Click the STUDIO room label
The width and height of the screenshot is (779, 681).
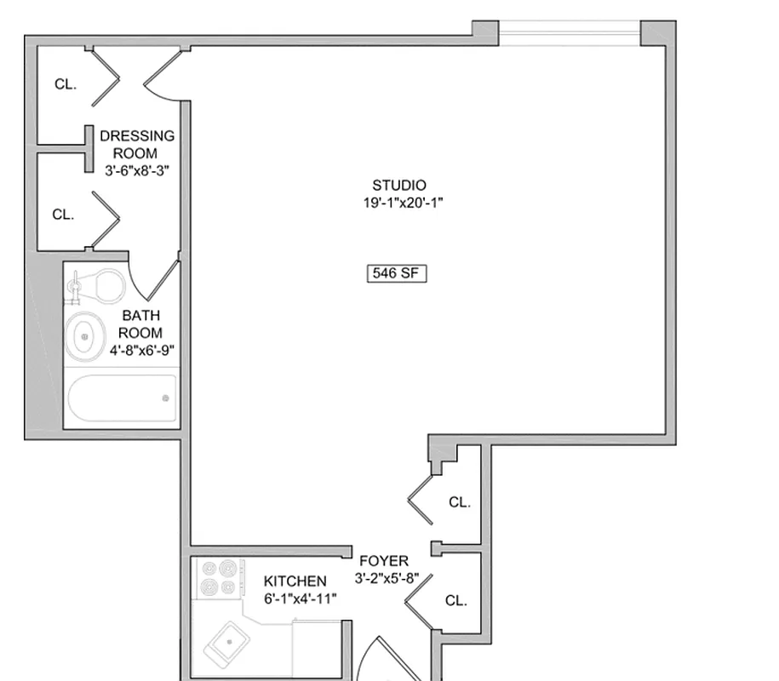pos(399,185)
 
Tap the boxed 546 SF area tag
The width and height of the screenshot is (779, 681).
pos(396,273)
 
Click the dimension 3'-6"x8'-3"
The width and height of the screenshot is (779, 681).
pos(136,169)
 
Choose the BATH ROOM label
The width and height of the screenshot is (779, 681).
pos(140,324)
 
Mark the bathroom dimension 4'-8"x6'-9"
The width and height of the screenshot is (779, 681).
pos(142,349)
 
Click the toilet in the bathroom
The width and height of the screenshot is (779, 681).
pos(99,285)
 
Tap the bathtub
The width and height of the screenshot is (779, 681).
pos(123,398)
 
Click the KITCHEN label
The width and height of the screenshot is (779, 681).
pos(295,581)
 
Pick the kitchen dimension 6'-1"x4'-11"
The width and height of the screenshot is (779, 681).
pos(300,598)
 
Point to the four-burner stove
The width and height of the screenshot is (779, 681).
pos(218,578)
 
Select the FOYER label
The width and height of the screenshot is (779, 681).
pos(383,561)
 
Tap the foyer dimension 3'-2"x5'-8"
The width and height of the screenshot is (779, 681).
pos(387,578)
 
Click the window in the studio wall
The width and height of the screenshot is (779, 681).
pos(569,33)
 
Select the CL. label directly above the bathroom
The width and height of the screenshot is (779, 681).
pos(63,215)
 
